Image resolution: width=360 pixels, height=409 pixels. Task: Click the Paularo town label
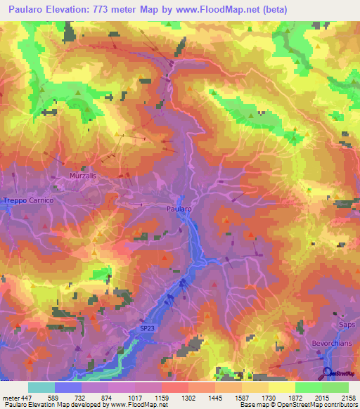point(179,209)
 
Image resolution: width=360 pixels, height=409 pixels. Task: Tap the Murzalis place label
point(83,176)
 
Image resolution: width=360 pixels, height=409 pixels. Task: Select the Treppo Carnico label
point(28,201)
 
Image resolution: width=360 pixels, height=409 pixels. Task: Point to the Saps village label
point(347,325)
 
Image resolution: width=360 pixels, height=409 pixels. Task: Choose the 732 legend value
point(87,398)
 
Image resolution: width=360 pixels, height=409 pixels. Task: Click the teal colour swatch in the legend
point(41,387)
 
